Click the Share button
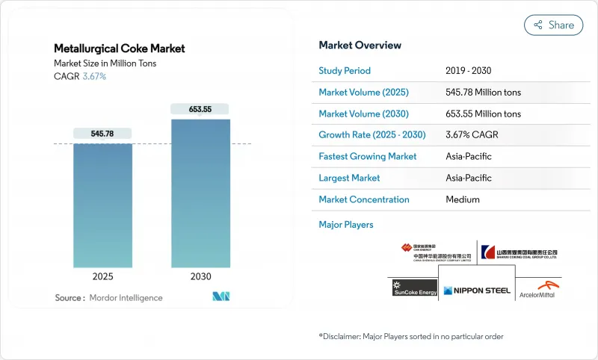553,25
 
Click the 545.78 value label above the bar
102,134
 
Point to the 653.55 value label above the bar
200,109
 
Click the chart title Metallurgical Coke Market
120,49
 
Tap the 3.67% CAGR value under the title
93,77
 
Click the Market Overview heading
360,46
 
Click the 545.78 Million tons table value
483,93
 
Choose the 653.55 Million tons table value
483,114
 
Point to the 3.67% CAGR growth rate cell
472,135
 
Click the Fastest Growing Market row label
368,157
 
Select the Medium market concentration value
463,199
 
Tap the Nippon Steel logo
476,291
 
